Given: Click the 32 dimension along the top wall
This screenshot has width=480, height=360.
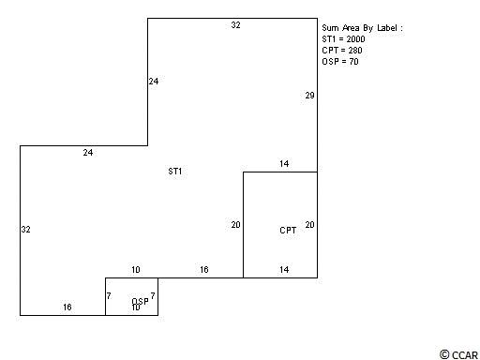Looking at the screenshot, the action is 235,25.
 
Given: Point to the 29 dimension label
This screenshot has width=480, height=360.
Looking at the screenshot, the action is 309,96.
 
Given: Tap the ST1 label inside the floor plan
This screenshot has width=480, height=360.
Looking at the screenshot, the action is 175,172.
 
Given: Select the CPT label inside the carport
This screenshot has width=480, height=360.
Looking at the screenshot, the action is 288,231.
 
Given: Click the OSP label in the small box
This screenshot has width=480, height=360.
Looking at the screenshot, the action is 140,301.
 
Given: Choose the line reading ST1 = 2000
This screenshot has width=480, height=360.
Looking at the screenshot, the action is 343,39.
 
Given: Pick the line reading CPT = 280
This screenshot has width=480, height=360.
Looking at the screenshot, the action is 342,51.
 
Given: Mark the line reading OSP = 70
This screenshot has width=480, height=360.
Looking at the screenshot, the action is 340,62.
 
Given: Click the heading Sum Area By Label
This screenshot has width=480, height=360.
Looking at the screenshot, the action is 363,28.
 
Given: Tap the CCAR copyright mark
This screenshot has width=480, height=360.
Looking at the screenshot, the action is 458,355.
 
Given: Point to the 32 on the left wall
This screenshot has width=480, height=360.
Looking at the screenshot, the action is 26,230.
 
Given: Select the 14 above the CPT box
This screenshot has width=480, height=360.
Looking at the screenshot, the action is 284,163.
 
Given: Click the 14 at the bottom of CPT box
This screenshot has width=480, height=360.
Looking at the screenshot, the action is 284,269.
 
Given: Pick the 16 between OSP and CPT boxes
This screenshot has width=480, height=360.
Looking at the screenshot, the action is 204,269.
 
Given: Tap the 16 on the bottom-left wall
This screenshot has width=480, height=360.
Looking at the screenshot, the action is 67,307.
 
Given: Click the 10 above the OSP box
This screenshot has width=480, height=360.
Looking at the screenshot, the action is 136,269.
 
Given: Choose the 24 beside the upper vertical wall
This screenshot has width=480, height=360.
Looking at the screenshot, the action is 154,82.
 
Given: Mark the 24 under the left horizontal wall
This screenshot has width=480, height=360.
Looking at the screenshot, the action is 88,153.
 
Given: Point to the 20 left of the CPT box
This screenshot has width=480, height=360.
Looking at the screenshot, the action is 235,225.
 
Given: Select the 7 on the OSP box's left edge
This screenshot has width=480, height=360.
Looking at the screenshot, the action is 109,295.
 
